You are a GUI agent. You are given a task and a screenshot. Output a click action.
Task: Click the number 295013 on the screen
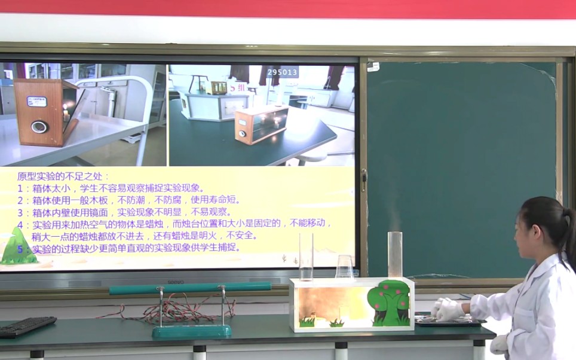[282, 72]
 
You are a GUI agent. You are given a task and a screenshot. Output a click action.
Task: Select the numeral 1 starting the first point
[20, 188]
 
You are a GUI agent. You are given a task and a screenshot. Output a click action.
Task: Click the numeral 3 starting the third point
[20, 212]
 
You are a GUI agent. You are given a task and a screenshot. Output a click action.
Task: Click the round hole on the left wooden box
[39, 126]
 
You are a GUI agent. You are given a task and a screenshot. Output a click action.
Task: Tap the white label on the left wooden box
[37, 102]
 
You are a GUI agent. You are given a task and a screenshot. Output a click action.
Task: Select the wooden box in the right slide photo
[261, 124]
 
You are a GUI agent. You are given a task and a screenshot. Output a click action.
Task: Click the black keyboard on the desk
[27, 326]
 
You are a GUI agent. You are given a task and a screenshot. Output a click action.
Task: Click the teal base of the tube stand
[191, 330]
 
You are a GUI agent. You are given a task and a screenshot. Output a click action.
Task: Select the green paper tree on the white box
[389, 302]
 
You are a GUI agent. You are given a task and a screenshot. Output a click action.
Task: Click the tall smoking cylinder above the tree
[394, 254]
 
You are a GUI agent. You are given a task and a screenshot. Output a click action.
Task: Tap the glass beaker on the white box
[344, 267]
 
